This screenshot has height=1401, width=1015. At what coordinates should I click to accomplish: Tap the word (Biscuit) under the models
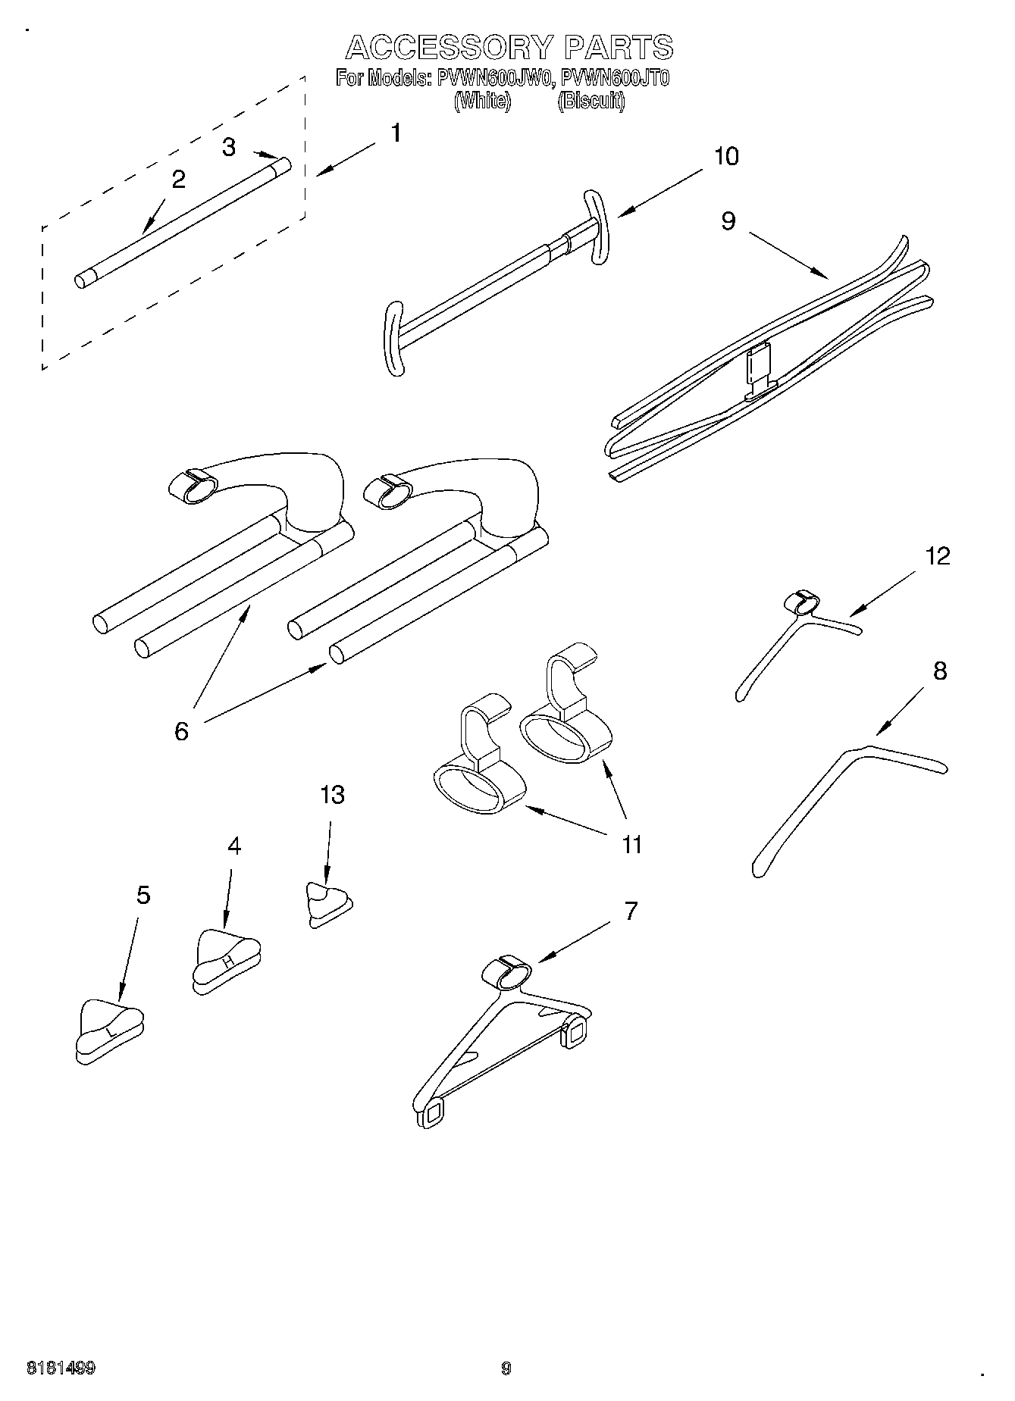click(591, 101)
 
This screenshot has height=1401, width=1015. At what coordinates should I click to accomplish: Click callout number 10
click(725, 156)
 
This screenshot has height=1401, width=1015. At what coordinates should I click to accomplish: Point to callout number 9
click(728, 220)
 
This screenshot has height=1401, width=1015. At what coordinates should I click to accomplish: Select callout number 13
click(332, 795)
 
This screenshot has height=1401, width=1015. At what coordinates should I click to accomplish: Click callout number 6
click(181, 731)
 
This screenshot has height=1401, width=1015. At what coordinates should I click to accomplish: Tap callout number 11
click(631, 844)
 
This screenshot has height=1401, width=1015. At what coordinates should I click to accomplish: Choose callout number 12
click(938, 556)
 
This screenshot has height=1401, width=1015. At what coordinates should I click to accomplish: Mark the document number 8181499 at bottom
click(61, 1368)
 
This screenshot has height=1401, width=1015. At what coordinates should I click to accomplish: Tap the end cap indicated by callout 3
click(283, 165)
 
